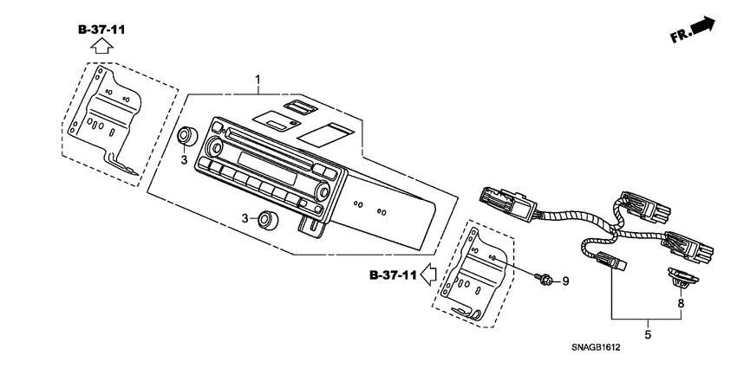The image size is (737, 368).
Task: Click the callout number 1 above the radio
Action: [258, 79]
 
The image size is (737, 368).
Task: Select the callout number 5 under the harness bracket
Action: [648, 335]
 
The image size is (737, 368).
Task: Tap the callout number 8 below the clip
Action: [681, 304]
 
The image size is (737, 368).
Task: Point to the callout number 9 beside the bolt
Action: [565, 281]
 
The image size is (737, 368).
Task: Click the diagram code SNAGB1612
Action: [596, 348]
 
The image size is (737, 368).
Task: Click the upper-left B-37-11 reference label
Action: [101, 30]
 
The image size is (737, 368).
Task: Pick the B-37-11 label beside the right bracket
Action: [393, 275]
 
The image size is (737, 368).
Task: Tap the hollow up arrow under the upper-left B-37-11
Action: [102, 47]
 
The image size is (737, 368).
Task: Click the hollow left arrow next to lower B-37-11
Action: [428, 274]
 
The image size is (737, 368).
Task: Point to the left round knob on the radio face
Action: [216, 147]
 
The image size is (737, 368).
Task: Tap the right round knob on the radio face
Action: [323, 191]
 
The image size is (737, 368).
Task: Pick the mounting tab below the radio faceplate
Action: [310, 224]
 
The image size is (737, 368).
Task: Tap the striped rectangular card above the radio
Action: [325, 133]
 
